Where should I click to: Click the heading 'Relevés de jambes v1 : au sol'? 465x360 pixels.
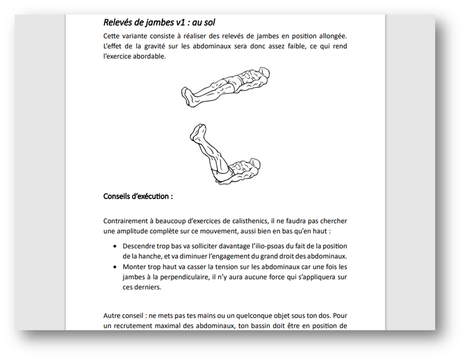(159, 22)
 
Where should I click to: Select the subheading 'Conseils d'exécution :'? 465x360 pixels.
(138, 196)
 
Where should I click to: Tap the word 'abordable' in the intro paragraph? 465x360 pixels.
(149, 57)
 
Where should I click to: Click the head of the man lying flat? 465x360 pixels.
(263, 72)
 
